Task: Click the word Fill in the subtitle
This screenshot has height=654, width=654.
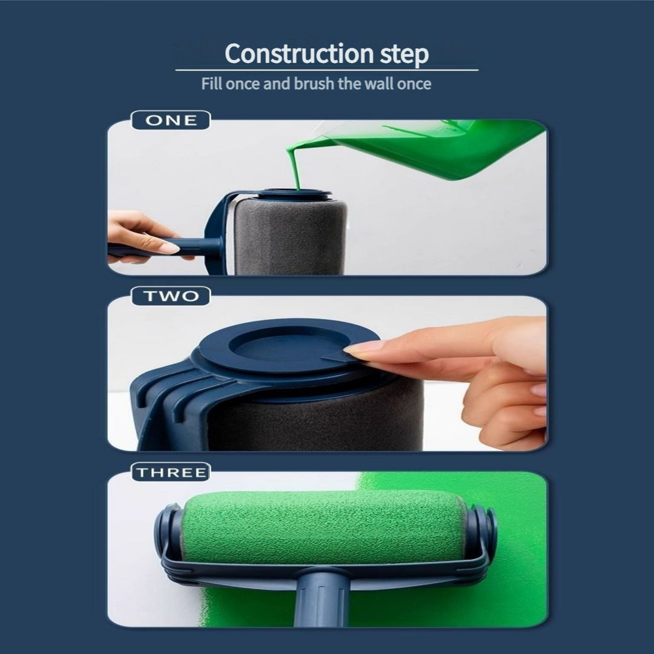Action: click(x=212, y=84)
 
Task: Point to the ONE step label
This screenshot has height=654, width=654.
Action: click(x=171, y=121)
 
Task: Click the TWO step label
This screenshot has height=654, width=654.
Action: click(x=171, y=296)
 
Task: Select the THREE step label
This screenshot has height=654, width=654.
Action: click(x=171, y=472)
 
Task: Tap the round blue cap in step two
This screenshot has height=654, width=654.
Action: click(x=285, y=348)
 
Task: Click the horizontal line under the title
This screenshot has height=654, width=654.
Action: click(x=327, y=70)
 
